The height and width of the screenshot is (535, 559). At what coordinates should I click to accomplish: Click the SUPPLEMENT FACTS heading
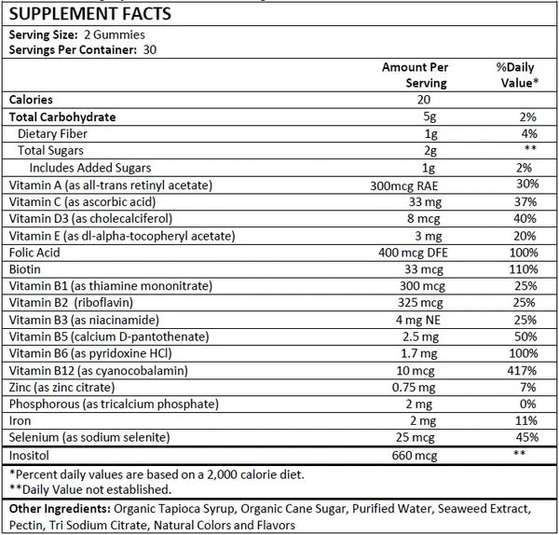pyautogui.click(x=90, y=14)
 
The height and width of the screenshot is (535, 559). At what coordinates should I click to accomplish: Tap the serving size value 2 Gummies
pyautogui.click(x=115, y=35)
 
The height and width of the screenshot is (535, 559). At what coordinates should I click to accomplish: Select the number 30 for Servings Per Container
pyautogui.click(x=150, y=50)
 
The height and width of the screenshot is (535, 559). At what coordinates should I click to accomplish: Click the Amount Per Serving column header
pyautogui.click(x=416, y=75)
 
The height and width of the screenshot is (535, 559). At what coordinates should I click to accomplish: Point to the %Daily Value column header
pyautogui.click(x=517, y=75)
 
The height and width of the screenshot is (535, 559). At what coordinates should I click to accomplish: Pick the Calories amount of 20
pyautogui.click(x=424, y=100)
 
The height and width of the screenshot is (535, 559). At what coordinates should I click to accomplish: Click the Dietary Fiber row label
pyautogui.click(x=52, y=134)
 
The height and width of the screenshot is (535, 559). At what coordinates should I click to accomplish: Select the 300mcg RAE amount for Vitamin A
pyautogui.click(x=404, y=185)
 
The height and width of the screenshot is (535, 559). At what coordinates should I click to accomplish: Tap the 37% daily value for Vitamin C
pyautogui.click(x=525, y=202)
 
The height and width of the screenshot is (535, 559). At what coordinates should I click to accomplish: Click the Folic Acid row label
pyautogui.click(x=34, y=253)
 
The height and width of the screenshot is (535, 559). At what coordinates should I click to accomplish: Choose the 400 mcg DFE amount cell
pyautogui.click(x=413, y=253)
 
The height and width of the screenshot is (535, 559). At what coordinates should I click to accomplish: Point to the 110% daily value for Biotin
pyautogui.click(x=524, y=269)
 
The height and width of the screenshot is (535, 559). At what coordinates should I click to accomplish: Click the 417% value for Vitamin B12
pyautogui.click(x=522, y=371)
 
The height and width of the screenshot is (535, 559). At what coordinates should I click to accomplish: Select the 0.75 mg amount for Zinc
pyautogui.click(x=414, y=388)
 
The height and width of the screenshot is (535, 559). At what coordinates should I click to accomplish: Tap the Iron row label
pyautogui.click(x=20, y=421)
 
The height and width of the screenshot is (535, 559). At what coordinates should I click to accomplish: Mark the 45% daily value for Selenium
pyautogui.click(x=527, y=437)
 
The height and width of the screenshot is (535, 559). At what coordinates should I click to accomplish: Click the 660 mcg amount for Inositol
pyautogui.click(x=415, y=456)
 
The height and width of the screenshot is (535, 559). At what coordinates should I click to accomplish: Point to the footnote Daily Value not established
pyautogui.click(x=90, y=489)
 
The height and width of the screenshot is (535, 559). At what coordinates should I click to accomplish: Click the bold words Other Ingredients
pyautogui.click(x=60, y=509)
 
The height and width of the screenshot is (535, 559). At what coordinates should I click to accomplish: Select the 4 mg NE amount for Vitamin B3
pyautogui.click(x=417, y=320)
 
